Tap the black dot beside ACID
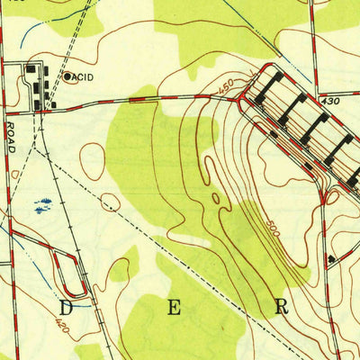coord(67,77)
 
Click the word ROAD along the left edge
coord(11,136)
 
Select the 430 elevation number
coord(329,103)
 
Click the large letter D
coord(65,308)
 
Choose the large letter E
coord(174,308)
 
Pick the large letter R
coord(282,306)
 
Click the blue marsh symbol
coord(41,206)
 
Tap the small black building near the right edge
coord(331,259)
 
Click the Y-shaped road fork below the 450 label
coord(238,99)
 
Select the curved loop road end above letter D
coord(84,290)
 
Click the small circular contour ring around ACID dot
coord(67,77)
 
